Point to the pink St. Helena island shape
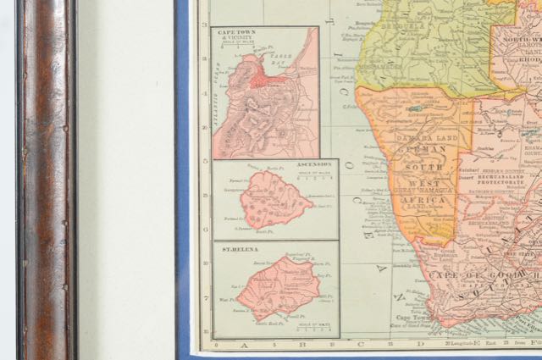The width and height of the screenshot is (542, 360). (x=279, y=285)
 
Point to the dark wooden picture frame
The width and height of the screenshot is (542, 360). (x=47, y=180)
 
